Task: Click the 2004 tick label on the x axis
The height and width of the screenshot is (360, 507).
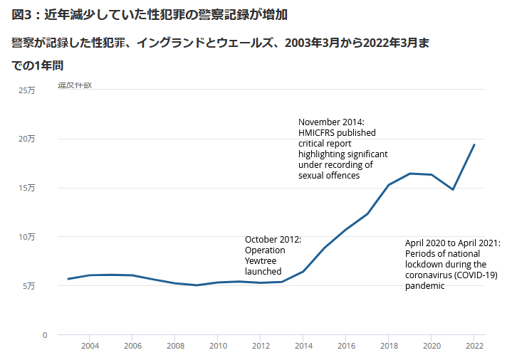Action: click(90, 346)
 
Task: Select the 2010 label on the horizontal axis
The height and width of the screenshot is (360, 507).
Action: click(218, 346)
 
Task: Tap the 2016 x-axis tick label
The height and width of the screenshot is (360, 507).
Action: click(346, 346)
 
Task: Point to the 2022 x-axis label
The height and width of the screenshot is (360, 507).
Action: click(474, 346)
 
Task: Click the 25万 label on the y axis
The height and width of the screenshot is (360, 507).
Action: click(26, 90)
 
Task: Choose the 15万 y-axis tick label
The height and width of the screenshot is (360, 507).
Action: click(26, 188)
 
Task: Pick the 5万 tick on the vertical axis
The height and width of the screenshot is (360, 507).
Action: click(28, 286)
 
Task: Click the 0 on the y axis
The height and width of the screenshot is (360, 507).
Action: click(44, 334)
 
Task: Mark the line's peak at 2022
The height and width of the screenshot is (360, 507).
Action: click(474, 144)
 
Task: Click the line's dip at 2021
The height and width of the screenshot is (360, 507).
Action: click(453, 189)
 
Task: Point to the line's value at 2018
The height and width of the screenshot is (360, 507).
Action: click(389, 185)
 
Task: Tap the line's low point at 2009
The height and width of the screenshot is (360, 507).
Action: click(197, 285)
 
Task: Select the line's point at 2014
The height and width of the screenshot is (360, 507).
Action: click(303, 271)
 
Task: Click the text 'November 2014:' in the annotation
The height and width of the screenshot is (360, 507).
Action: click(331, 122)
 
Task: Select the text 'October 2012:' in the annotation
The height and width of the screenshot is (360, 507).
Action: click(273, 240)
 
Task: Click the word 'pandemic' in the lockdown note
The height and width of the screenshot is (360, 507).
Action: click(424, 285)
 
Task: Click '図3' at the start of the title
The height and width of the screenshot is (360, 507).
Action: click(23, 14)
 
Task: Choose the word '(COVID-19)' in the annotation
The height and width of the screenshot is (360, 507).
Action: click(474, 275)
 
